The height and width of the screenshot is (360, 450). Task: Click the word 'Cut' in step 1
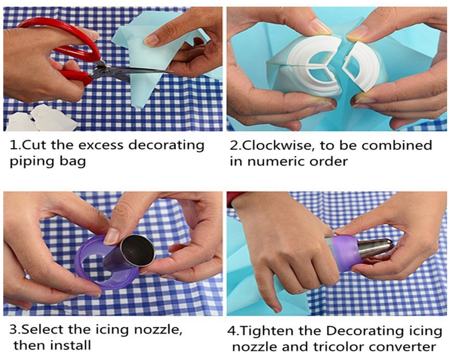tap(35, 145)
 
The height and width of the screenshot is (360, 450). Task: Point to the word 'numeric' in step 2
tap(276, 162)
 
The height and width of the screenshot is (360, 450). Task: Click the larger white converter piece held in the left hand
tap(315, 67)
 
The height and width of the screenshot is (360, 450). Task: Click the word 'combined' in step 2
tap(397, 145)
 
